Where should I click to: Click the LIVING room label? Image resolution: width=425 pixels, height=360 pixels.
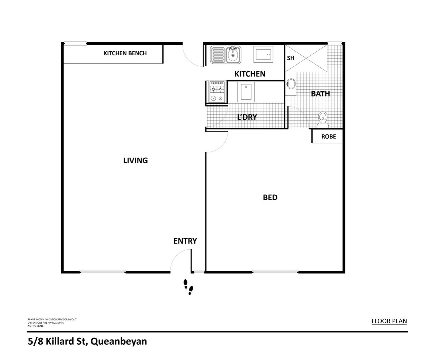tap(136, 161)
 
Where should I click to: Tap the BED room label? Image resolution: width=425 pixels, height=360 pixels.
tap(270, 197)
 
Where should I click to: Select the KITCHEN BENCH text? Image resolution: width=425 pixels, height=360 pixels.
tap(125, 53)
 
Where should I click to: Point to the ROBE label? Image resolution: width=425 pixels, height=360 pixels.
tap(328, 137)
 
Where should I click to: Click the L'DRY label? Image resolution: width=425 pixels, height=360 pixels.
tap(247, 117)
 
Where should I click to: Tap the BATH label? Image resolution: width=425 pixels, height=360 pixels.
tap(320, 94)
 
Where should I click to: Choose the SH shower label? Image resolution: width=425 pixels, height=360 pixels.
tap(291, 58)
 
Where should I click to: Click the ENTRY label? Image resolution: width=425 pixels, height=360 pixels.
tap(185, 241)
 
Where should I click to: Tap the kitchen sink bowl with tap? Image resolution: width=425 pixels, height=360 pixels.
tap(233, 55)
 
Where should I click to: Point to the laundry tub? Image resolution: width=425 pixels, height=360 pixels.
tap(246, 92)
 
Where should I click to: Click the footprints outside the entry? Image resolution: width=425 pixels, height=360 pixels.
tap(189, 287)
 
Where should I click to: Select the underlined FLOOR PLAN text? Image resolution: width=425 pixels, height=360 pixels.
tap(389, 321)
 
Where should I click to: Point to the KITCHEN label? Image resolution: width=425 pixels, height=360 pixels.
tap(250, 74)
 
